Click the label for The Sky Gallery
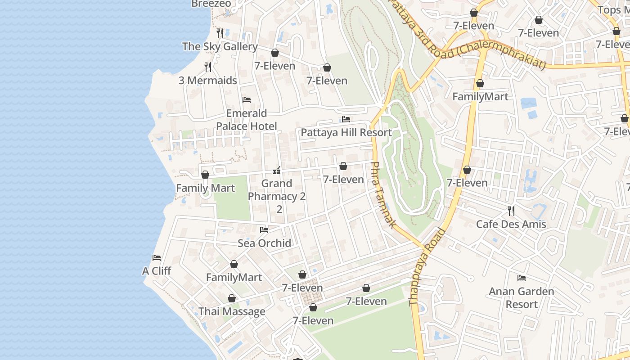coord(220,46)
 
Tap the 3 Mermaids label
coord(207,81)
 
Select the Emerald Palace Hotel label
coord(246,120)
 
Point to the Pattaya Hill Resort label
coord(346,133)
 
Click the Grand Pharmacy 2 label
coord(277,190)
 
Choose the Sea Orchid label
coord(264,243)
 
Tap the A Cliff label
coord(157,271)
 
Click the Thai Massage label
coord(232,311)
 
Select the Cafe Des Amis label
coord(511,224)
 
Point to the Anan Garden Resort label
coord(522,298)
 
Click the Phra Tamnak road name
coord(383,194)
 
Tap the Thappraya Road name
coord(427,268)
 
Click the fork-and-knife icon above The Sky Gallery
coord(220,33)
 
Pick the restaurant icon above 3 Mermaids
coord(207,67)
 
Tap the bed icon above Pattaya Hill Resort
coord(346,119)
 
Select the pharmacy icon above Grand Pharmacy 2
coord(277,170)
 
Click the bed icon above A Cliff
coord(157,258)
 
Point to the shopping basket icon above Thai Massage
coord(232,298)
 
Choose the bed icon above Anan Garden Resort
coord(522,278)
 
